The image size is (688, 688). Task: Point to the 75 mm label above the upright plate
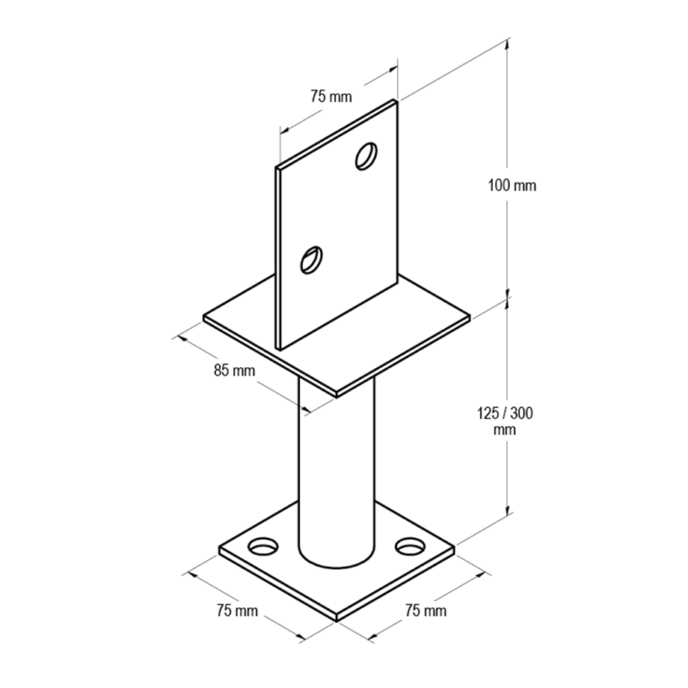point(331,97)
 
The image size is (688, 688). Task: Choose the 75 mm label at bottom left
point(236,611)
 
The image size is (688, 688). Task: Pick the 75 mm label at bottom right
point(425,611)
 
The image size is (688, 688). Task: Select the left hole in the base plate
point(263,545)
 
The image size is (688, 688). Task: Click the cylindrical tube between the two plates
point(336,466)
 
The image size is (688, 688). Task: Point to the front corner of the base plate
point(336,619)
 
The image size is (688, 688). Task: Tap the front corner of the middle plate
point(336,395)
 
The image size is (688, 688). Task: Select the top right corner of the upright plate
point(396,100)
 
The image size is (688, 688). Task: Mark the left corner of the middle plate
point(204,316)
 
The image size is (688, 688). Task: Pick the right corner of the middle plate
point(469,315)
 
